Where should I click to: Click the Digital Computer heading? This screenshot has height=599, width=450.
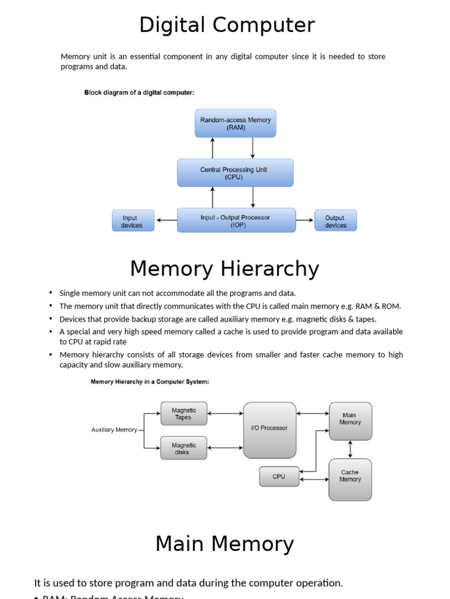tap(227, 26)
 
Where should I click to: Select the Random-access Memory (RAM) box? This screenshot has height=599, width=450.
tap(236, 123)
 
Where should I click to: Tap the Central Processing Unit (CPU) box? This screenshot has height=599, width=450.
tap(235, 173)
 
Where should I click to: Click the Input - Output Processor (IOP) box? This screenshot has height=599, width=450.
tap(236, 221)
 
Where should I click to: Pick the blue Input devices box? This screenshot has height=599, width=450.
tap(133, 221)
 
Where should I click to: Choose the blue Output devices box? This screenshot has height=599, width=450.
tap(336, 221)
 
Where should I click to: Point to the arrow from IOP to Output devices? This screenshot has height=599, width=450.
tap(305, 221)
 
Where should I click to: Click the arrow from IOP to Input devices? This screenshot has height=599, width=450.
tap(166, 221)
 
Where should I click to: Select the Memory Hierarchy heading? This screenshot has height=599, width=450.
tap(224, 269)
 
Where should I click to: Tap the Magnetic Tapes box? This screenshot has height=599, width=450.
tap(183, 414)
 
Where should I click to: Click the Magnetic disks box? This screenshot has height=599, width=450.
tap(183, 448)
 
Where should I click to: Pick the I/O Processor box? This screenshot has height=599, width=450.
tap(270, 430)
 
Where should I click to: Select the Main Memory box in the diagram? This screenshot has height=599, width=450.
tap(350, 421)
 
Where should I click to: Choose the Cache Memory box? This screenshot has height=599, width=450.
tap(350, 479)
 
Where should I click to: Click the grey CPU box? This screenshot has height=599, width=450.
tap(279, 476)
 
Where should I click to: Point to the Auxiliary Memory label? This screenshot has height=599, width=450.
tap(114, 430)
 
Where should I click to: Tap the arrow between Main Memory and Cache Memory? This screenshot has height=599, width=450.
tap(350, 449)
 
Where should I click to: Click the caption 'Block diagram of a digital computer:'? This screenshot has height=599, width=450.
tap(139, 92)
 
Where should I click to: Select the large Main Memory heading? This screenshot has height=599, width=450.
tap(224, 544)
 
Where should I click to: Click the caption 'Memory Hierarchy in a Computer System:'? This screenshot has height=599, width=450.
tap(149, 382)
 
